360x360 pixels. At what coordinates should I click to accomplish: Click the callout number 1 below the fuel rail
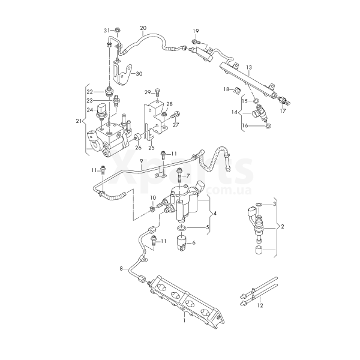pyautogui.click(x=184, y=321)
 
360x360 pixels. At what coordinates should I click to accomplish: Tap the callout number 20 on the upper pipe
pyautogui.click(x=143, y=28)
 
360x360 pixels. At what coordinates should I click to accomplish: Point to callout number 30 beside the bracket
pyautogui.click(x=139, y=74)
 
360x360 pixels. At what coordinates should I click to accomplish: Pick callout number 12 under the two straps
pyautogui.click(x=259, y=306)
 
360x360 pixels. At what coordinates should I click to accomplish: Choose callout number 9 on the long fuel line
pyautogui.click(x=142, y=161)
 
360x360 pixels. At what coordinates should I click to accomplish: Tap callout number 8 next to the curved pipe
pyautogui.click(x=121, y=269)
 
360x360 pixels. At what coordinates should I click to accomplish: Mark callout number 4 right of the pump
pyautogui.click(x=215, y=214)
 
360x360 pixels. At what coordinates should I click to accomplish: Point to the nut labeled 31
pyautogui.click(x=118, y=29)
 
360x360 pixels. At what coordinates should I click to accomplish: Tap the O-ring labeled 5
pyautogui.click(x=181, y=228)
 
